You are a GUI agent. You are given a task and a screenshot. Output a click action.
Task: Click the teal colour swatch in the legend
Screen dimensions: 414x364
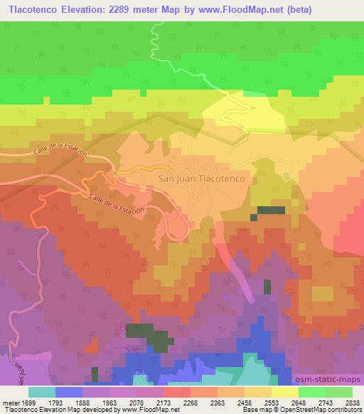pyautogui.click(x=42, y=392)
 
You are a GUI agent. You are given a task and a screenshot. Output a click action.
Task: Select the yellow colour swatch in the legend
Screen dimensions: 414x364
pyautogui.click(x=284, y=392)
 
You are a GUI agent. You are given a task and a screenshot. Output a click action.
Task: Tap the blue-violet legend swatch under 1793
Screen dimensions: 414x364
pyautogui.click(x=69, y=392)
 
